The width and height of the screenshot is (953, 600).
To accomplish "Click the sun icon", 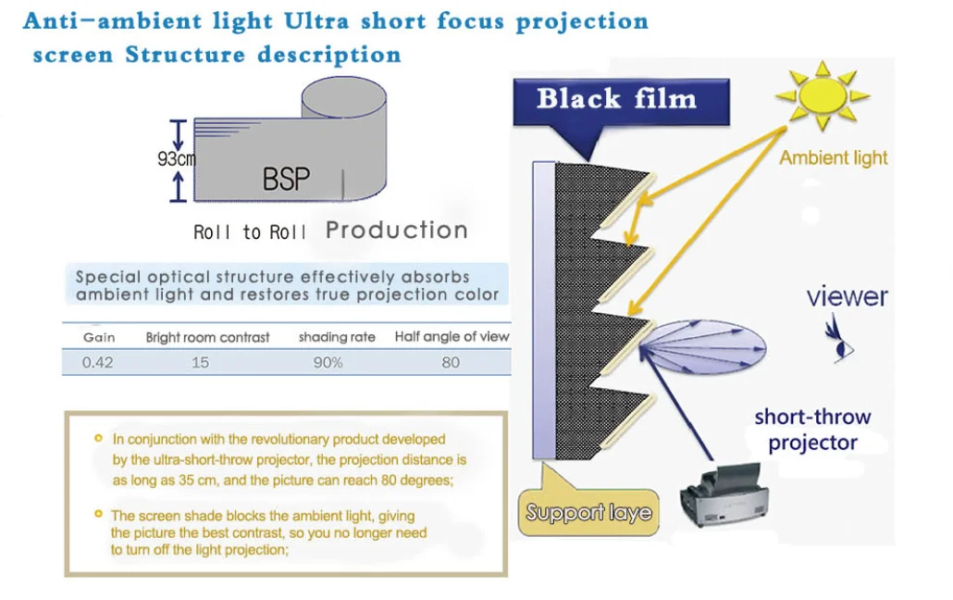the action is [822, 95].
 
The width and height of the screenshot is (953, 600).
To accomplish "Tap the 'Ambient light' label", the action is [833, 157].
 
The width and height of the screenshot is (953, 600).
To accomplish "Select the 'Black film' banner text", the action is [616, 99].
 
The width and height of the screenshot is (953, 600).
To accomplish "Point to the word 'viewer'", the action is [847, 296].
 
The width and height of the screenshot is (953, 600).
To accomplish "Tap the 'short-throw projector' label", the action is [812, 430].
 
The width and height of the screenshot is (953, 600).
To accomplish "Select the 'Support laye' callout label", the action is [588, 512].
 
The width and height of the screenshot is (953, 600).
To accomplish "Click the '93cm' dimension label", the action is [176, 158].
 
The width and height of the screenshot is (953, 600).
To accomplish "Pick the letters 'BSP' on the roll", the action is [286, 179].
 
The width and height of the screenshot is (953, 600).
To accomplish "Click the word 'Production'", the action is [397, 231].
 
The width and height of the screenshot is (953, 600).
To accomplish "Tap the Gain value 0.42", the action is [97, 362].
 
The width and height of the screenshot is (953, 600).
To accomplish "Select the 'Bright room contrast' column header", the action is [207, 337].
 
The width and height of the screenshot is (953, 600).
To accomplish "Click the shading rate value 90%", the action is [328, 362].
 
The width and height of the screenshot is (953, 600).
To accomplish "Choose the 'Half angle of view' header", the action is [452, 336].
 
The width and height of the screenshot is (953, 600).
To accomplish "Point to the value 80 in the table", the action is [451, 362].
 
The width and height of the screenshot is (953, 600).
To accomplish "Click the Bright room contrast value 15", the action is [201, 362].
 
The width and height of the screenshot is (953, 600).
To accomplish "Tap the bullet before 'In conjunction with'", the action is [98, 437].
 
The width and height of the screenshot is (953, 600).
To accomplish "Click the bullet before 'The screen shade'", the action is [98, 513].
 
